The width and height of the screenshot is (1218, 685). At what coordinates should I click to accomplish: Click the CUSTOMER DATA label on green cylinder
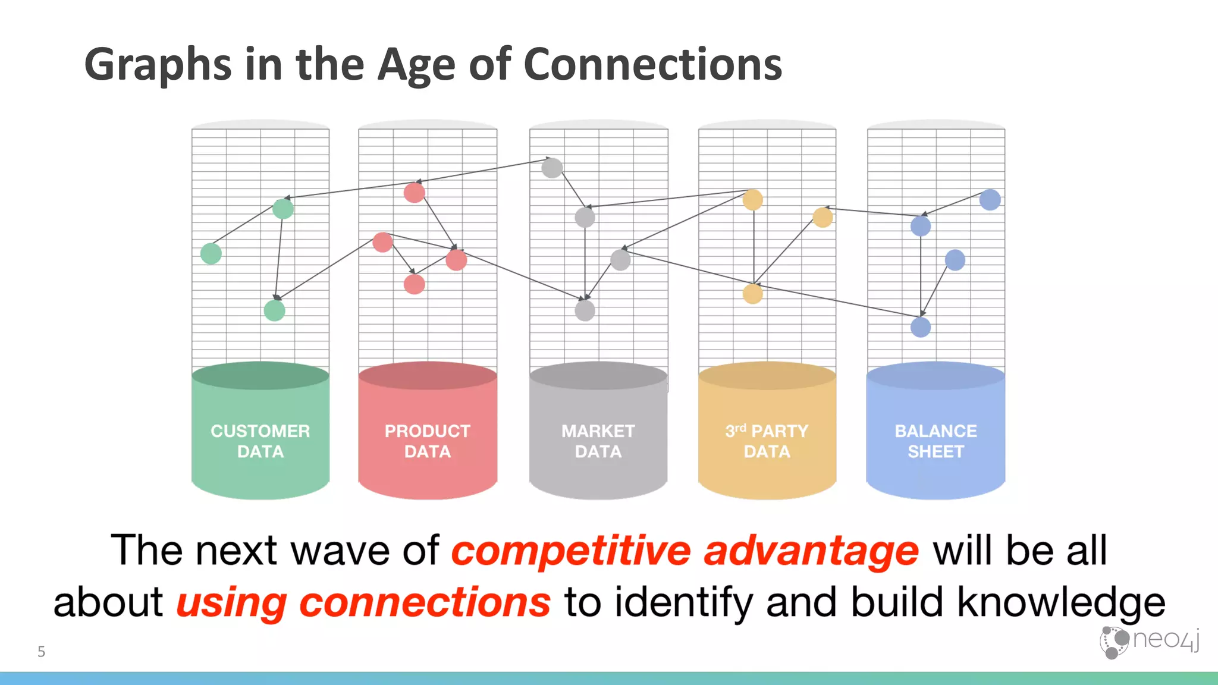click(260, 441)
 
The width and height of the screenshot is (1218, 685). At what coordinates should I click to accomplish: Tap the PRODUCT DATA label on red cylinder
click(427, 441)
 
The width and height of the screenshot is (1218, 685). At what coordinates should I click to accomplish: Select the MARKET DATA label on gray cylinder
click(598, 441)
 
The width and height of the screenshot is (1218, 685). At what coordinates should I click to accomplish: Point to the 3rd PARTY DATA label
click(767, 441)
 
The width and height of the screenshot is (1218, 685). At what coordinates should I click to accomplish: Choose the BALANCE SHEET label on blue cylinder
click(936, 441)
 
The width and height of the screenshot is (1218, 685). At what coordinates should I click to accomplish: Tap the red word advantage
click(811, 551)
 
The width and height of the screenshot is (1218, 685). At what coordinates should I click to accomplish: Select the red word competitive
click(571, 551)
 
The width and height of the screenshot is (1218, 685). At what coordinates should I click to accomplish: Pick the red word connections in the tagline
click(425, 602)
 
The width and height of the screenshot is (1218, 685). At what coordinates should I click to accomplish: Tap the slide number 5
click(41, 652)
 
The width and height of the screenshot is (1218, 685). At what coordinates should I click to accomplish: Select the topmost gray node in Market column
click(552, 168)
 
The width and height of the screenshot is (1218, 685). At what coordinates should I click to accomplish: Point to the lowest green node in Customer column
click(274, 310)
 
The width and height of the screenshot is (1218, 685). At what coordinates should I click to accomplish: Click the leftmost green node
click(211, 253)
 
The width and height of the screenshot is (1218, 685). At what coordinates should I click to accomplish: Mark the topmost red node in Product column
click(415, 193)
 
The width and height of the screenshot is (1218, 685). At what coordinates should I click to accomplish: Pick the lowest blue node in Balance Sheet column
click(921, 327)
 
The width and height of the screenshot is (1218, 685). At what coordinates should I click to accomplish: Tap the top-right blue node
click(990, 200)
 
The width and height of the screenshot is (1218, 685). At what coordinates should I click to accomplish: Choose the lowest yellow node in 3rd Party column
click(753, 294)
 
